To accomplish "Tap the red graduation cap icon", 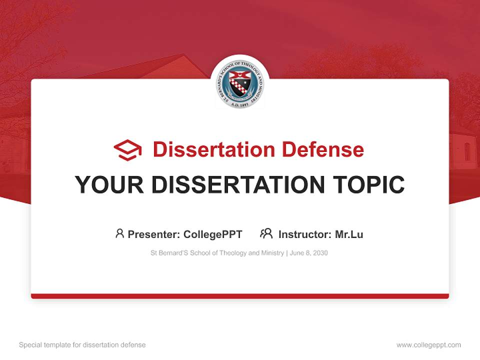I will tap(127, 149).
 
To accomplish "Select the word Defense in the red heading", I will tap(322, 149).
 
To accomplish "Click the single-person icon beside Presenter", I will tap(119, 233).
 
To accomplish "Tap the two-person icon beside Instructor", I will tap(266, 233).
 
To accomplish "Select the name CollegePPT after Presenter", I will tap(213, 234).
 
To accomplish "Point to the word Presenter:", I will tap(153, 234).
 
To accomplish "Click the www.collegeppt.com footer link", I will tap(428, 345).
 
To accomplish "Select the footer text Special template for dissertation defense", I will tap(82, 345).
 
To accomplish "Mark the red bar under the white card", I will tap(240, 296).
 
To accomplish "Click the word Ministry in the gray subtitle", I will tap(271, 253).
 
